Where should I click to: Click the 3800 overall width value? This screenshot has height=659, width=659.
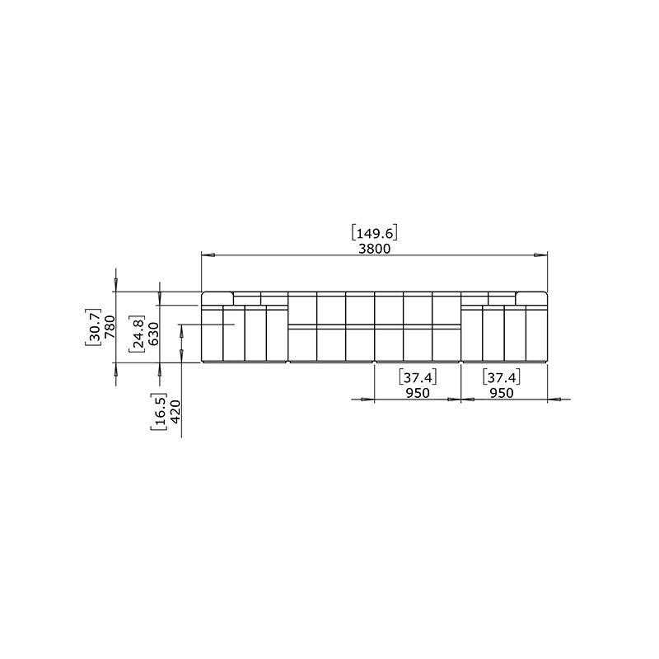[x=375, y=249]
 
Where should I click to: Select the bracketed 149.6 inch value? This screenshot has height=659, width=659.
[x=374, y=233]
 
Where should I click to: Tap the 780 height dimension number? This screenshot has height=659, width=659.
[x=110, y=327]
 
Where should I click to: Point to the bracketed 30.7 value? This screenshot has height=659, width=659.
[x=93, y=327]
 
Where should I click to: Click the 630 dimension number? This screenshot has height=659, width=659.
[x=153, y=334]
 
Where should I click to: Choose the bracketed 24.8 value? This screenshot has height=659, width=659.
[x=138, y=334]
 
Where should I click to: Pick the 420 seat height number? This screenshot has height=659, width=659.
[x=175, y=412]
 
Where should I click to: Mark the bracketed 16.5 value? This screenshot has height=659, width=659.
[x=159, y=412]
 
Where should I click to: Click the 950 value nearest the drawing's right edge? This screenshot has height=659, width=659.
[x=502, y=393]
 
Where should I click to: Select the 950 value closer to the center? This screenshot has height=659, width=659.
[x=418, y=393]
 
